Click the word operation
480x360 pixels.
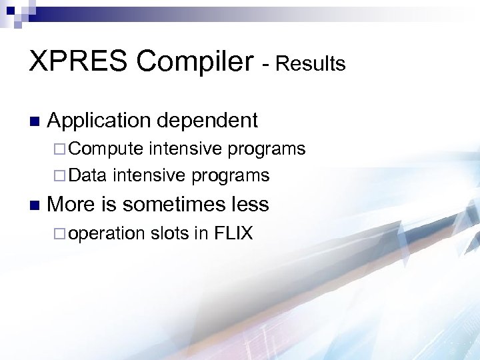(106, 233)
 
